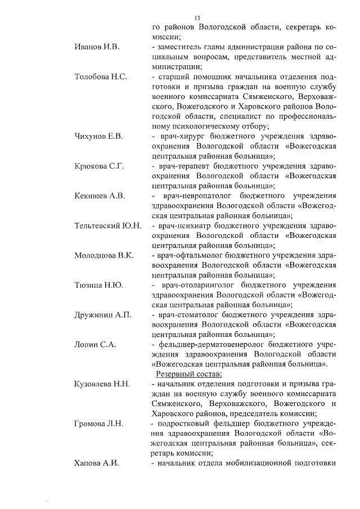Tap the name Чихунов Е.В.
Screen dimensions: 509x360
99,136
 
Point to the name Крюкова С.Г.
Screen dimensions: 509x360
99,166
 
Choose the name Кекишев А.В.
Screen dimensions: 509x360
100,196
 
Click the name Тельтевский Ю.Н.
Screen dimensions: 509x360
108,226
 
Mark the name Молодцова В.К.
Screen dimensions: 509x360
104,255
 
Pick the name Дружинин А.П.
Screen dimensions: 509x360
103,315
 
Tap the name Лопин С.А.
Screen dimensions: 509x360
95,345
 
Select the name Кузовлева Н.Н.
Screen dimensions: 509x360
102,384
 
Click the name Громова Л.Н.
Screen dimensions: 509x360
99,424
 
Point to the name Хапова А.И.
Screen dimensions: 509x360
97,463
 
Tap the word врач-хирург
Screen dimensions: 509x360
180,136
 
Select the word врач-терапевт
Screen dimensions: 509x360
183,166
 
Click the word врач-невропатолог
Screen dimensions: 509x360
201,196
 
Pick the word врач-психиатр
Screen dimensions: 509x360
184,226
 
